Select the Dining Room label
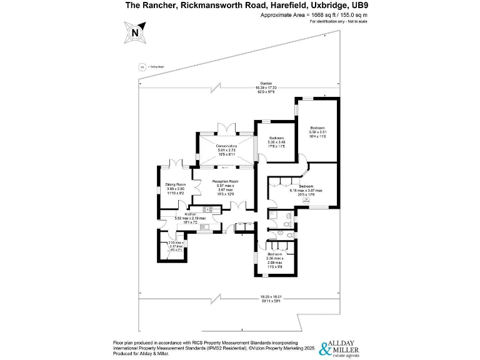176,185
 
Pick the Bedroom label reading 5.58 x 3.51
318,127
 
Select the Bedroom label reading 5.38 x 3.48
276,138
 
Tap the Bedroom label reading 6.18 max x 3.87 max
306,186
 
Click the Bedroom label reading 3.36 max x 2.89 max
275,254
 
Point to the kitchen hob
208,209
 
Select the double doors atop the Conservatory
225,130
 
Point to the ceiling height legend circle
142,66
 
